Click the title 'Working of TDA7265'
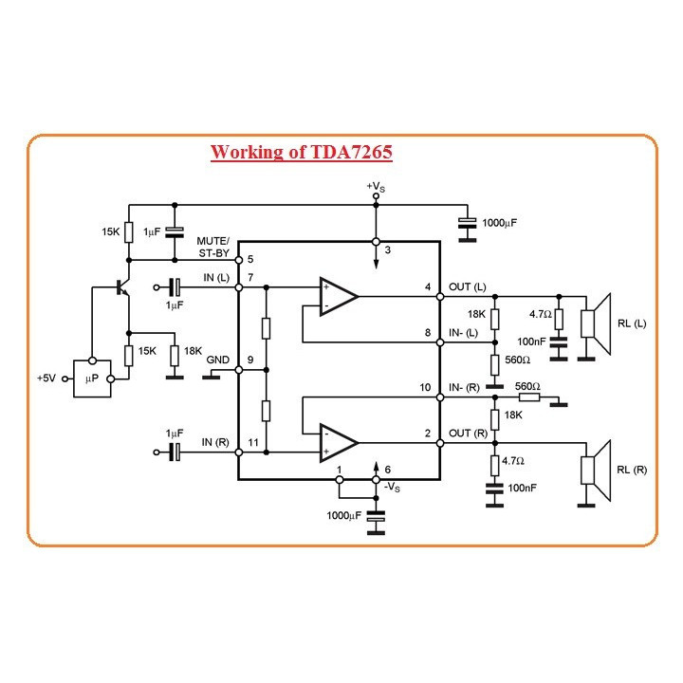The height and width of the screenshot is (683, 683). pos(302,152)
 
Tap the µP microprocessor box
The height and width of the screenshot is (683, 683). pos(92,378)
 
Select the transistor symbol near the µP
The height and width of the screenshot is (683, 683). pos(122,287)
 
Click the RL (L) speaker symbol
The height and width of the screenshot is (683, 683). pos(596,324)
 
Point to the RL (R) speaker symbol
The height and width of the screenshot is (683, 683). pos(596,471)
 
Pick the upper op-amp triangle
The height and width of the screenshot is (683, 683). pos(339,297)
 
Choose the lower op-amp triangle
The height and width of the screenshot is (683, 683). pos(339,443)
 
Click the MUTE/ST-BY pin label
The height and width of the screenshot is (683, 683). pos(213,247)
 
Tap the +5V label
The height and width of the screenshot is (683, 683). pos(46,378)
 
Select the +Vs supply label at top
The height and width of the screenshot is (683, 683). pos(376,187)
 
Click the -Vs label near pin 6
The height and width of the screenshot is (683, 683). pos(392,487)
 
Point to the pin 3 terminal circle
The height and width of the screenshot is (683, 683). pos(376,242)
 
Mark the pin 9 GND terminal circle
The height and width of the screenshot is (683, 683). pos(239,370)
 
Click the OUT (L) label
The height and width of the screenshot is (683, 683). pos(468,287)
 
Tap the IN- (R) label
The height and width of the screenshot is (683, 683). pos(464,388)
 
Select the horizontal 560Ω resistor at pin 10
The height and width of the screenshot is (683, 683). pos(529,397)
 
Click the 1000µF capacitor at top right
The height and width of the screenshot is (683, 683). pos(468,223)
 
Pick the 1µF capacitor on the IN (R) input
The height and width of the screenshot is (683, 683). pos(175,452)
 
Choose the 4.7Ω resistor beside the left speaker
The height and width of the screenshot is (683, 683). pos(559,320)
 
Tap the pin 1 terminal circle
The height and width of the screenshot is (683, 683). pos(340,480)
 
